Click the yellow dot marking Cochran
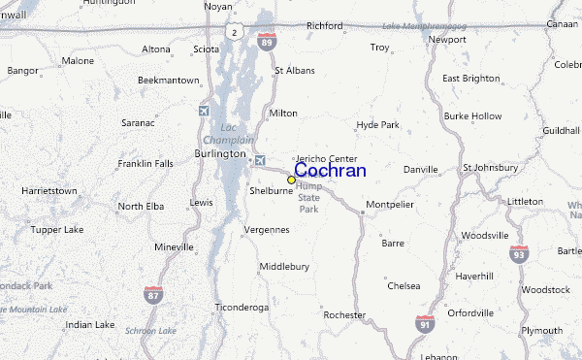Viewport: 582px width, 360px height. coord(291,180)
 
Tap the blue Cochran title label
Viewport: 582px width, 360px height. coord(330,171)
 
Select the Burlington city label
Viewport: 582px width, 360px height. coord(220,153)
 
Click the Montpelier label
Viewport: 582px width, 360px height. coord(390,206)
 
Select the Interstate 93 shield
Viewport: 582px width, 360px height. coord(519,254)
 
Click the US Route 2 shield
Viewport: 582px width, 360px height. coord(233,33)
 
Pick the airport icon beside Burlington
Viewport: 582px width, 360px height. coord(258,160)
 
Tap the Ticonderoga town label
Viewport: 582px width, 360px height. coord(242,307)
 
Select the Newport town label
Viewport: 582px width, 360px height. coord(447,40)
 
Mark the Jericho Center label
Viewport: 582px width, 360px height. coord(326,158)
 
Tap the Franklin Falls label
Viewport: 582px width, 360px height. coord(145,164)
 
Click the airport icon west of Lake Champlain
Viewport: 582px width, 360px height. coord(204,111)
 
